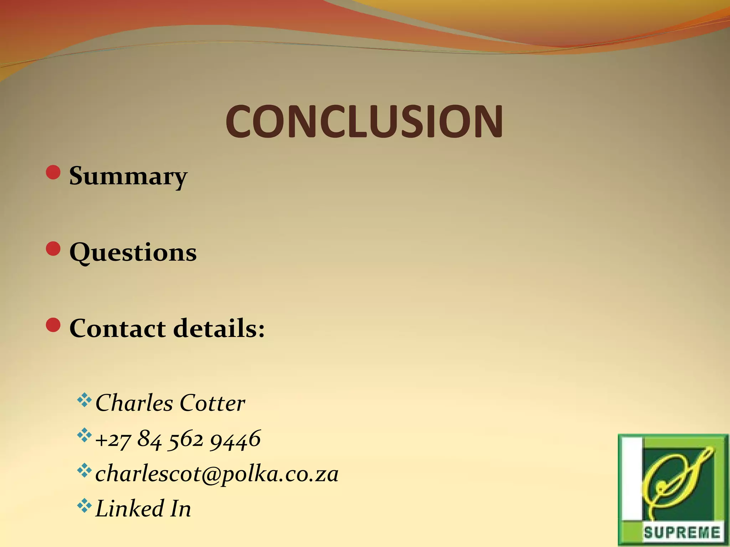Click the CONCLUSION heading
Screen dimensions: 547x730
pos(364,122)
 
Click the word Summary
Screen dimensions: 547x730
pos(128,176)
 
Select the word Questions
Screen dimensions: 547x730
pos(133,252)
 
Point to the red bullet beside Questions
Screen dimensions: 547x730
pos(53,249)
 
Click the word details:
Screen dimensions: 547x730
pos(219,328)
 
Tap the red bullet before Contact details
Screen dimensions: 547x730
pos(53,325)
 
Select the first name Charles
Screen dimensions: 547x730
pos(134,403)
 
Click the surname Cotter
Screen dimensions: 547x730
pos(212,403)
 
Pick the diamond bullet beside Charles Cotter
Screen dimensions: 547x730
pos(84,400)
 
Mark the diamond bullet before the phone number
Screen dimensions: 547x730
pos(84,435)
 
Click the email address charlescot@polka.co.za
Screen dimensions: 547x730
pos(217,474)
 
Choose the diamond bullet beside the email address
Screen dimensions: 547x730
pos(84,470)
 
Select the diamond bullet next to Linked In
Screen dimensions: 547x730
pos(84,506)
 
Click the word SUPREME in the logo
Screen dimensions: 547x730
pos(682,533)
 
